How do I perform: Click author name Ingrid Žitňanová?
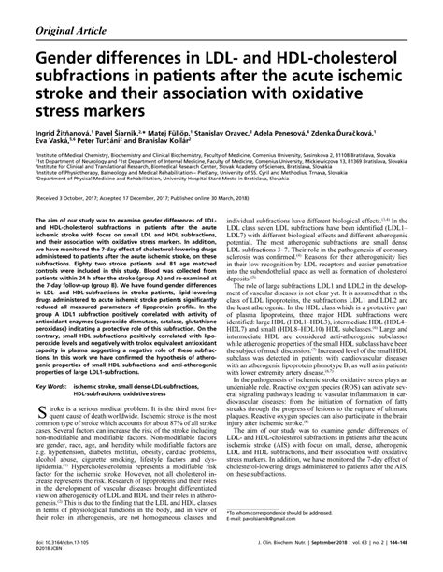pyautogui.click(x=46, y=133)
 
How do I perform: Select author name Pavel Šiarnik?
pyautogui.click(x=113, y=133)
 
